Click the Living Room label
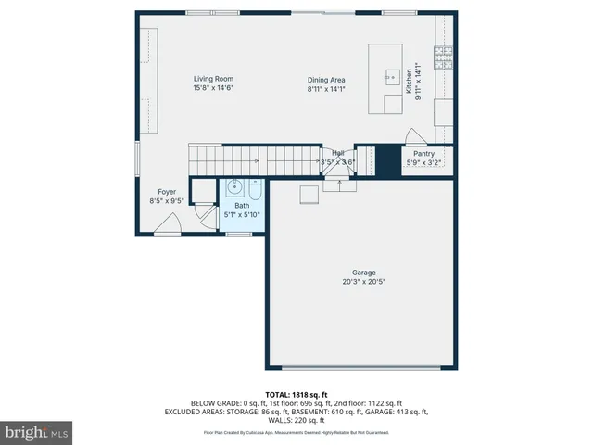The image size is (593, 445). [213, 79]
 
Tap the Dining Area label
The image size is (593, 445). [326, 80]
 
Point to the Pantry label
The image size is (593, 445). [424, 153]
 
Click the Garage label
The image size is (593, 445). [363, 273]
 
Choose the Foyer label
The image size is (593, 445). [167, 191]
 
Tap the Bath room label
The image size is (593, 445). [242, 206]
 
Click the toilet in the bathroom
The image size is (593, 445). [256, 189]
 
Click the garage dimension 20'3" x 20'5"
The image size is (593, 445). [363, 282]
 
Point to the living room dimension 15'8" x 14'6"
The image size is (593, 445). [213, 89]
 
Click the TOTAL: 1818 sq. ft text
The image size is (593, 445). [296, 394]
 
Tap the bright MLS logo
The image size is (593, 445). [37, 433]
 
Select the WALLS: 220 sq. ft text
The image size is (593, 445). [296, 419]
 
